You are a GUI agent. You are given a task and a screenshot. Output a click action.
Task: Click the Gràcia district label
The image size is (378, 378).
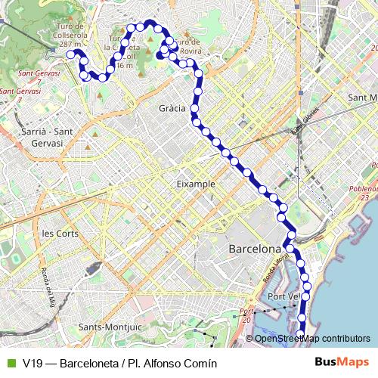[x=172, y=109]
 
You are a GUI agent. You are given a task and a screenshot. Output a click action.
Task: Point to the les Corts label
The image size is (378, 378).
[x=61, y=234]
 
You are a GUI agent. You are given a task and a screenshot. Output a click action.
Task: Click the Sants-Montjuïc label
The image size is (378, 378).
[x=110, y=327]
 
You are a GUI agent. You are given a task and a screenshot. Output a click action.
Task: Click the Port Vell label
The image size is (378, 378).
[x=284, y=296]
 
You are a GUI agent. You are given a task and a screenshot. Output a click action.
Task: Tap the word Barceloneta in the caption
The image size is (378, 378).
[x=87, y=363]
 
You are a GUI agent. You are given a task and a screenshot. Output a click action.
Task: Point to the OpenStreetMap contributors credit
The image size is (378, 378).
[x=312, y=338]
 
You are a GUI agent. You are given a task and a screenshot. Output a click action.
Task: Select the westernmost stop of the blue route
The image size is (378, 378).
[x=70, y=54]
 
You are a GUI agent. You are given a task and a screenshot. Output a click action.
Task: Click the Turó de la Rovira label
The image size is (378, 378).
[x=187, y=48]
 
